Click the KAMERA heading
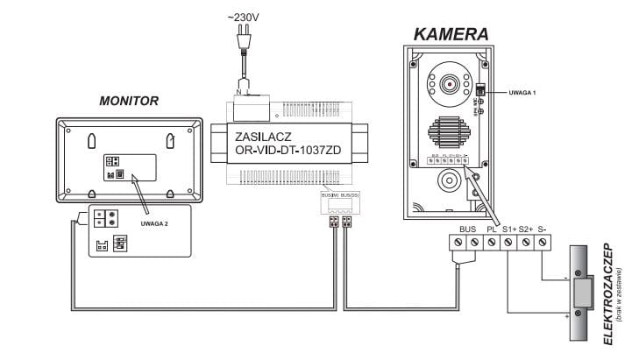click(451, 34)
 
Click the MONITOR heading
click(129, 102)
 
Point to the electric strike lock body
click(581, 293)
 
